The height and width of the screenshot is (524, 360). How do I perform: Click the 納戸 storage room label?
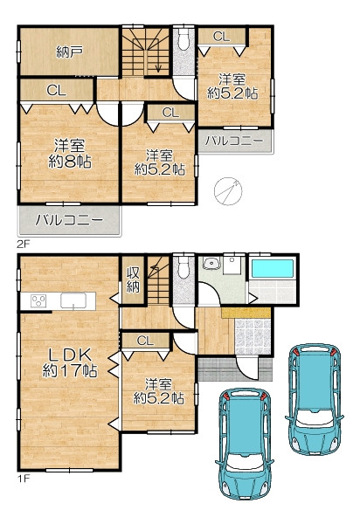[70, 52]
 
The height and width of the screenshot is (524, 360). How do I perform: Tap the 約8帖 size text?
[70, 162]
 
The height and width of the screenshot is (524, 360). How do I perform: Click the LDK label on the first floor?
[70, 355]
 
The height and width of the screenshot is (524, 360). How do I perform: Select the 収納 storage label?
[133, 280]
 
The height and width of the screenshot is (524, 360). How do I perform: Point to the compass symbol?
[228, 190]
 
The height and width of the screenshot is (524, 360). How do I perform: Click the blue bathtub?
[272, 269]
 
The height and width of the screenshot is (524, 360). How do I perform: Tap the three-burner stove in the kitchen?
[38, 300]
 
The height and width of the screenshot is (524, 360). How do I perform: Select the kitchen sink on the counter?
[73, 300]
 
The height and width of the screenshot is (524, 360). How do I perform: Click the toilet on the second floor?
[183, 38]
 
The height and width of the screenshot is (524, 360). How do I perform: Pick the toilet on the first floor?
[183, 267]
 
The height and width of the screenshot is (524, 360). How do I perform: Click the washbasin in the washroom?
[211, 264]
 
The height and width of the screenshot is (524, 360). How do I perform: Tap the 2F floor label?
[24, 244]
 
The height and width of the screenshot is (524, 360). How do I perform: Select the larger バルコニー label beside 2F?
[70, 220]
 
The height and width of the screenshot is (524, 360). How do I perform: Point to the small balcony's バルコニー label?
[234, 141]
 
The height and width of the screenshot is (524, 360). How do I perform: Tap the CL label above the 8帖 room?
[57, 90]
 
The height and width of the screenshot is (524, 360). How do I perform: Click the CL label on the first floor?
[145, 341]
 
